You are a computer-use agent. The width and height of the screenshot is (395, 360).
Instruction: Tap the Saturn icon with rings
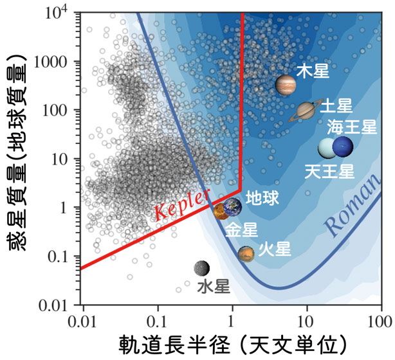307,111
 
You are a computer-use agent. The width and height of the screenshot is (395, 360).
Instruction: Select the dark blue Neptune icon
342,147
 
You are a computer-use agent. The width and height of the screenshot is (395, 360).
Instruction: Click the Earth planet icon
232,206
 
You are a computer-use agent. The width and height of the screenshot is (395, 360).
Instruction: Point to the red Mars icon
246,254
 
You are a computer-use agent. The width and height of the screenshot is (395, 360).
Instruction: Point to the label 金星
241,230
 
